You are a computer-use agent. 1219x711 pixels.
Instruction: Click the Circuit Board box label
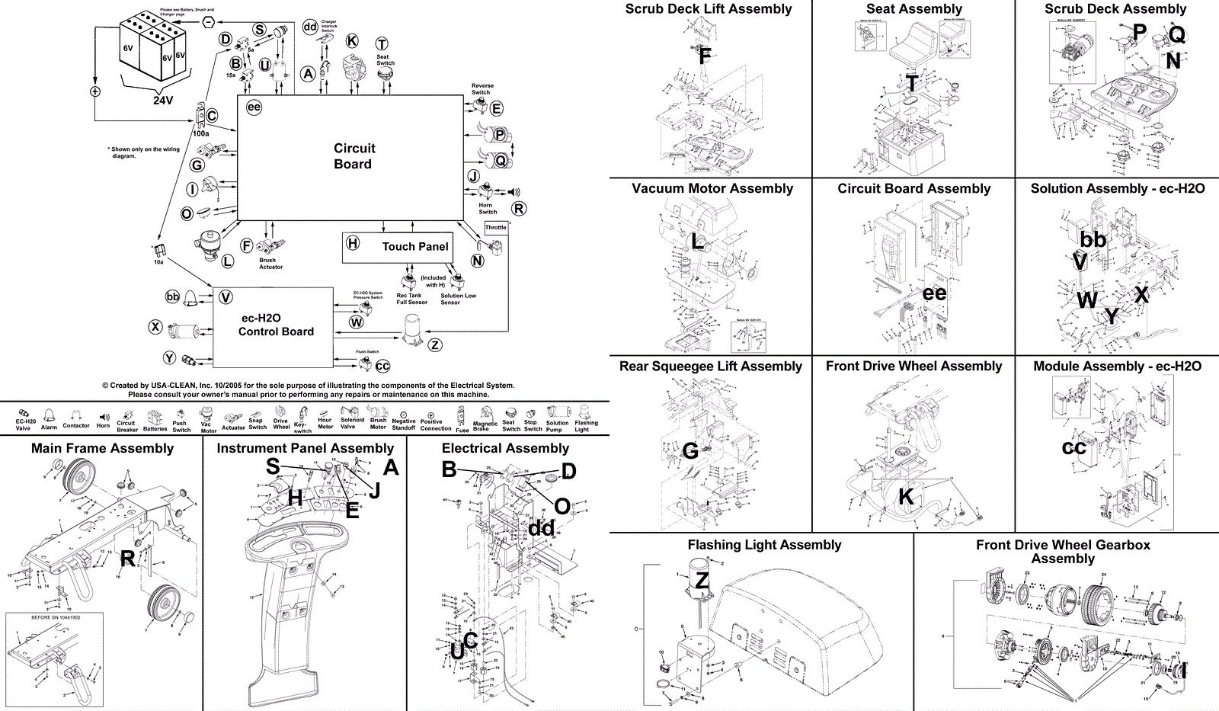tap(354, 156)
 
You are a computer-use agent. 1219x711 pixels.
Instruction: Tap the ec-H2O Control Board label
tap(276, 325)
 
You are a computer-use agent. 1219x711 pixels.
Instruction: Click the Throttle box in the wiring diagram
tap(496, 227)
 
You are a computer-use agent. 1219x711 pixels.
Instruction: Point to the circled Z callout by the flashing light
tap(435, 345)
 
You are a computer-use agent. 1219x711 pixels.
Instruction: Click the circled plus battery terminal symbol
tap(95, 91)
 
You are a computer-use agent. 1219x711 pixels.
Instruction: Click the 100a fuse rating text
tap(200, 133)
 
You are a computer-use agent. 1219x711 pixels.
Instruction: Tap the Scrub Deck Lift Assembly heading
tap(709, 9)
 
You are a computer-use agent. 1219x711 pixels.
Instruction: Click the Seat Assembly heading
tap(914, 9)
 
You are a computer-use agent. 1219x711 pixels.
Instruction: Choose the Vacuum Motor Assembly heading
tap(712, 188)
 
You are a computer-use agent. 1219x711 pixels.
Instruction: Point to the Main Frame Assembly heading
tap(102, 448)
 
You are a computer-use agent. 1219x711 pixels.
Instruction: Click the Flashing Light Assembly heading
tap(764, 545)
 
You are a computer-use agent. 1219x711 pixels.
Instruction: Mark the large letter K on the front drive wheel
tap(906, 497)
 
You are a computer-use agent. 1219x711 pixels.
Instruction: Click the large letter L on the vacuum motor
tap(697, 242)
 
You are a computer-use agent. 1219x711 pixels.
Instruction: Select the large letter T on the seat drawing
tap(912, 84)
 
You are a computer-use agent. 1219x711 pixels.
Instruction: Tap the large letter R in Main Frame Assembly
tap(128, 559)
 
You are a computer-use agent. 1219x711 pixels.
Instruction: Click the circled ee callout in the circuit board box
tap(254, 107)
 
